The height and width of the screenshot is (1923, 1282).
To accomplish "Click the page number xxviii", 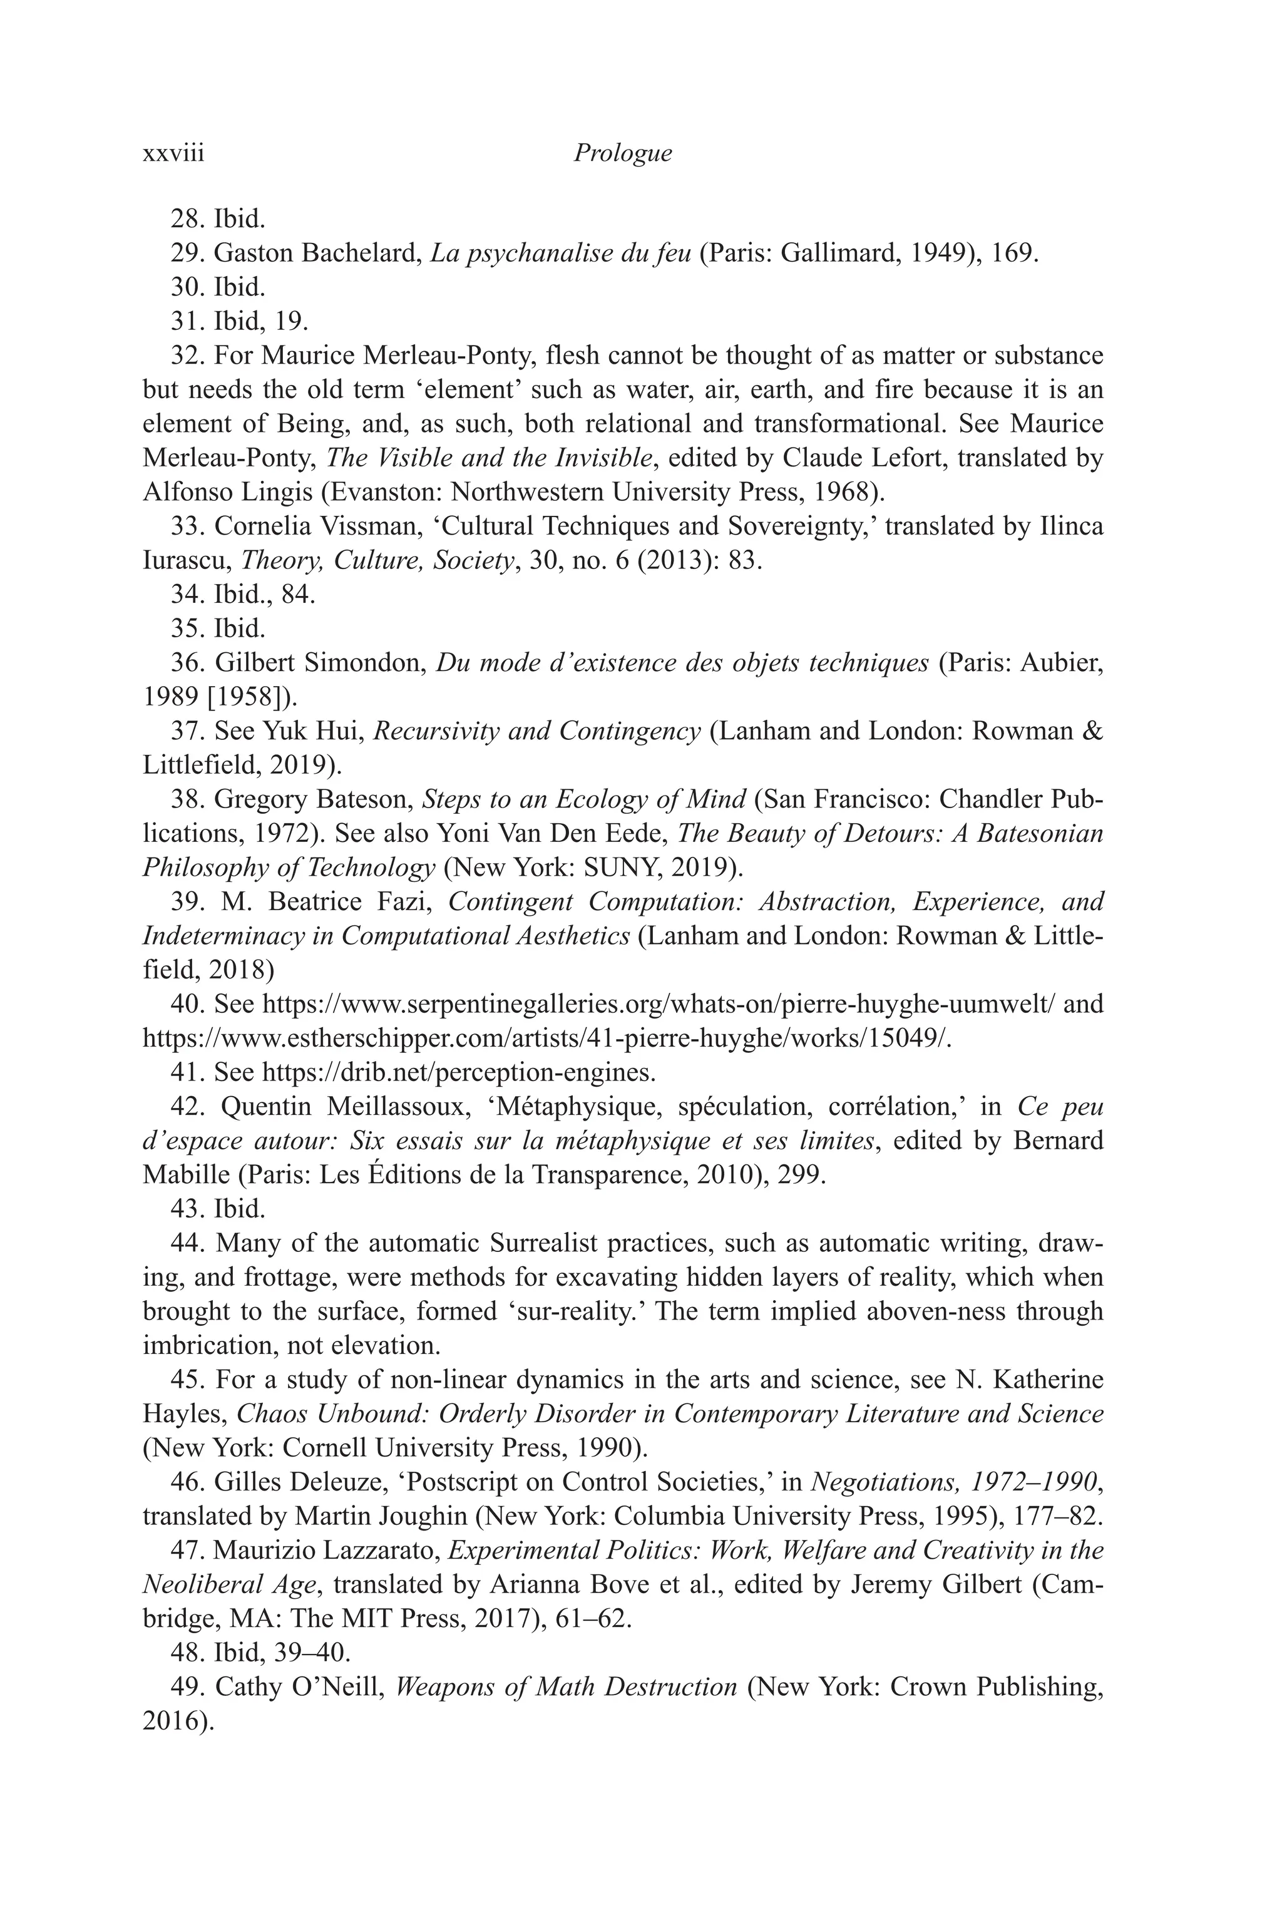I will coord(173,153).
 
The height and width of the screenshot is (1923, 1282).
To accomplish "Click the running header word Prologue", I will coord(622,153).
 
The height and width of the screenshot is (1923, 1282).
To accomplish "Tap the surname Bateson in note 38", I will coord(366,799).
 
